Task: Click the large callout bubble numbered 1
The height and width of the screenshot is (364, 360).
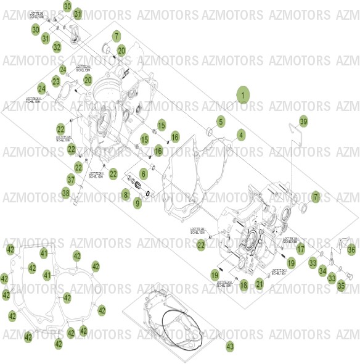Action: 243,96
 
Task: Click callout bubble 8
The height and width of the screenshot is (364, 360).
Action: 126,195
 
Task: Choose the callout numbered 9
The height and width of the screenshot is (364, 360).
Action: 137,202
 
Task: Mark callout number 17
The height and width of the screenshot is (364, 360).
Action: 300,249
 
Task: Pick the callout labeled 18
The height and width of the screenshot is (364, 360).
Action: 243,284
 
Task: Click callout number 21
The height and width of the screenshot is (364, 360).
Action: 260,283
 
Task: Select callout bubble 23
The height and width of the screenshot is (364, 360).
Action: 55,81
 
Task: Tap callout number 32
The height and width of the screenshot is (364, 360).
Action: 57,47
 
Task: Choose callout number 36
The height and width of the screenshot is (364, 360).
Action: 351,249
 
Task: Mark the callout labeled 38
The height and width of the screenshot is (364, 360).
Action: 66,193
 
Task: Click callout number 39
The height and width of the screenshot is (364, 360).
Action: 303,122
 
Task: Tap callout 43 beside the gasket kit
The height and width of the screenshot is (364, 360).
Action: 229,347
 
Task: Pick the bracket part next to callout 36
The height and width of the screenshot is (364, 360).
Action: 342,242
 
